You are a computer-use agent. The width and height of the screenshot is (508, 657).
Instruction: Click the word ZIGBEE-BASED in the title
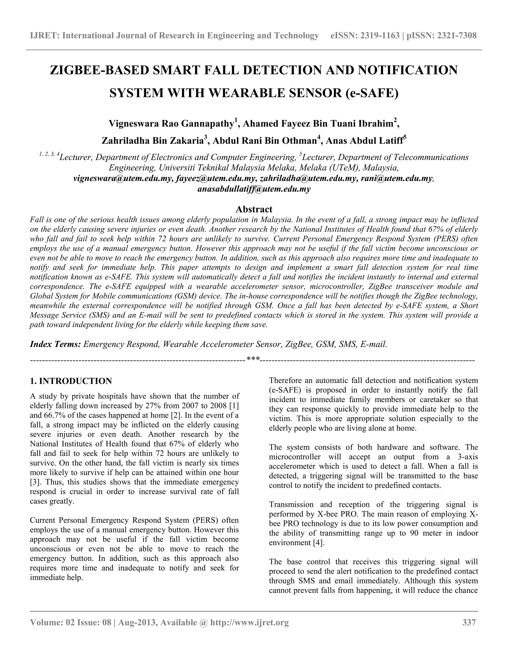coord(99,70)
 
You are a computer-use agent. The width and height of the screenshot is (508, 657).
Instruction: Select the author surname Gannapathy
coord(209,124)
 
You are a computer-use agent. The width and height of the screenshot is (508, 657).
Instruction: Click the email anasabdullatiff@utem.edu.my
coord(254,189)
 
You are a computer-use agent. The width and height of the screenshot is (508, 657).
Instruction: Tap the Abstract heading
coord(254,209)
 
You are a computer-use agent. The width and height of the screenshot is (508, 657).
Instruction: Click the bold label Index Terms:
coord(55,344)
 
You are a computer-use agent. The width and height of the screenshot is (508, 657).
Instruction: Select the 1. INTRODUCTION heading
coord(71,381)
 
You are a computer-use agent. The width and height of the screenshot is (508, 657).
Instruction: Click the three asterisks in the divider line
coord(253,359)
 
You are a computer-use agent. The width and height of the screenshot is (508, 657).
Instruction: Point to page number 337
coord(469,622)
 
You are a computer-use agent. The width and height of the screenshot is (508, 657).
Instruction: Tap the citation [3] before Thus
coord(35,482)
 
